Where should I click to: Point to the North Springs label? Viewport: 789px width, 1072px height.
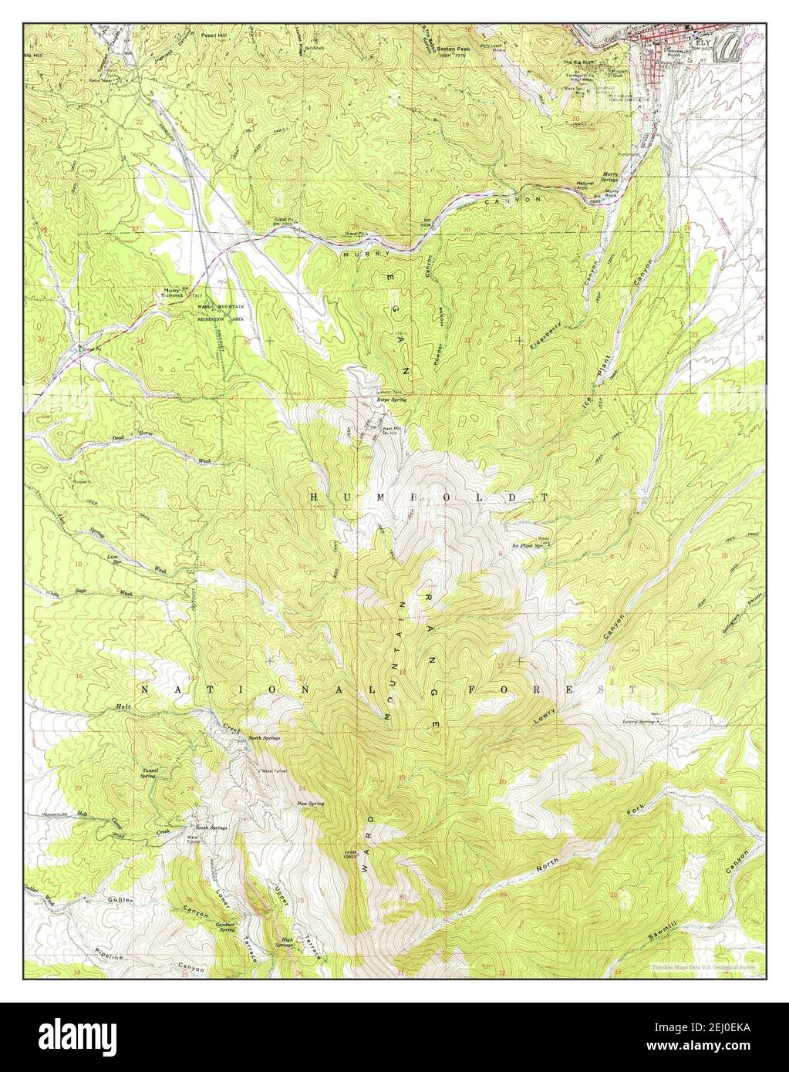coord(264,738)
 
